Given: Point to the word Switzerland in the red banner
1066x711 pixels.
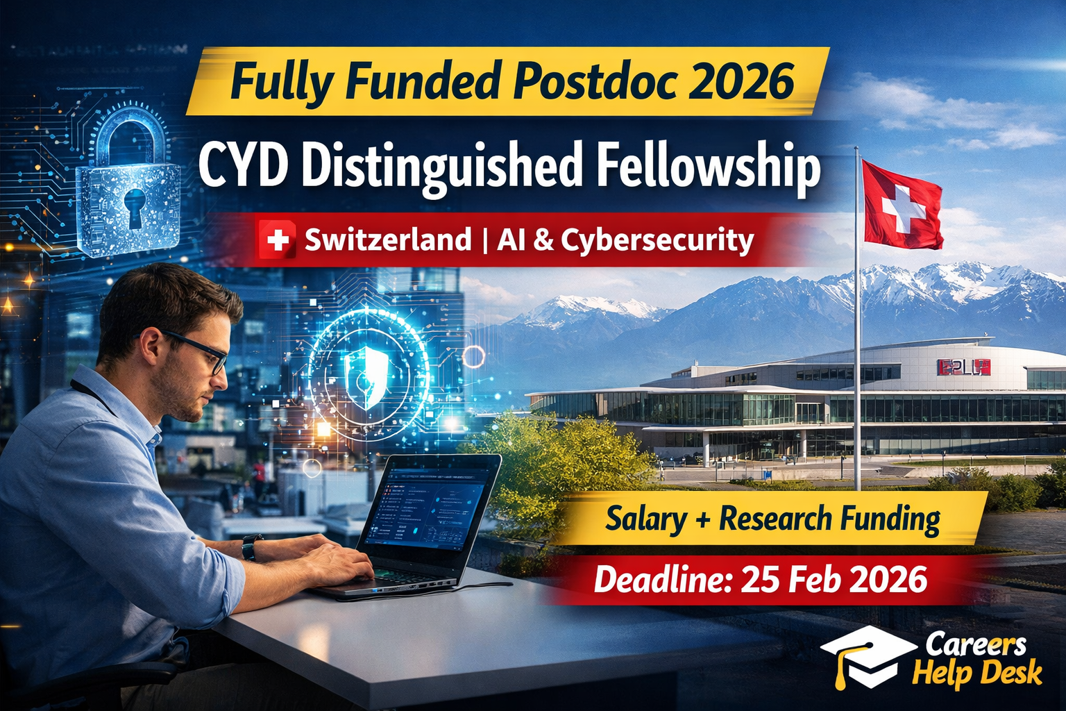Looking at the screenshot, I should pyautogui.click(x=387, y=240).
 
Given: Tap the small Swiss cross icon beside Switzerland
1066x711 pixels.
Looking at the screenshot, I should pyautogui.click(x=277, y=240).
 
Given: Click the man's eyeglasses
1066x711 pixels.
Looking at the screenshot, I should pyautogui.click(x=201, y=351).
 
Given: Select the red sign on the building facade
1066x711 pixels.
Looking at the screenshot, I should pyautogui.click(x=964, y=367).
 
